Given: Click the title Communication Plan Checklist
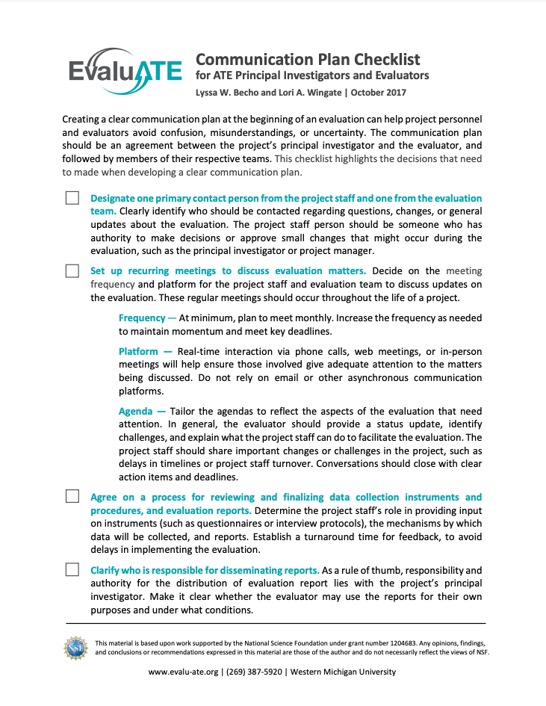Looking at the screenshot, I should coord(308,60).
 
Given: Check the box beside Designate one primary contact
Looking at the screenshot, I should coord(72,198).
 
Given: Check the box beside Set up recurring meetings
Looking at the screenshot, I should coord(72,270).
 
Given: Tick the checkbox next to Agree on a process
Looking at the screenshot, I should coord(72,497).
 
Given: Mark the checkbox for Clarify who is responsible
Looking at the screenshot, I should coord(72,569).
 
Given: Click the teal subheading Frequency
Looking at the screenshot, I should coord(143,318).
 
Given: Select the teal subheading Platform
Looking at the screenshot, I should coord(138,351).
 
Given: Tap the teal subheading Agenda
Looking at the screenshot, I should coord(137,411).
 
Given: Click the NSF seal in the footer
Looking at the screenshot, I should coord(76,647).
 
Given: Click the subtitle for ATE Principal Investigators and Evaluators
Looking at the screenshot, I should coord(312,75).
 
